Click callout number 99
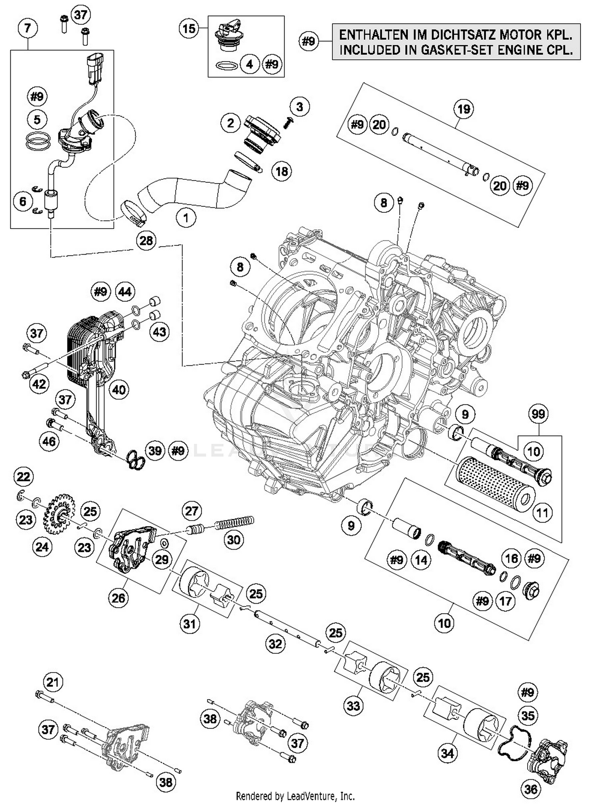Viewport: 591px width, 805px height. click(x=538, y=414)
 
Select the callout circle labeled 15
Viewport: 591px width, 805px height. click(x=189, y=28)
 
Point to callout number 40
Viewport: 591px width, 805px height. click(x=119, y=390)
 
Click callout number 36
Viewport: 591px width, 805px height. click(x=531, y=788)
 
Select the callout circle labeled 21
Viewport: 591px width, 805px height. click(x=53, y=682)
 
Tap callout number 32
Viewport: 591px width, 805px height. click(x=275, y=644)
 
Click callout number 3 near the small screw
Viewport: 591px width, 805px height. click(x=299, y=106)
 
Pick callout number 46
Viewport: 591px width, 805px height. click(x=49, y=441)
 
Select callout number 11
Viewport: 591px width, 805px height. click(x=543, y=513)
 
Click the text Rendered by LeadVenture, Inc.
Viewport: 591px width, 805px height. click(x=295, y=796)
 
